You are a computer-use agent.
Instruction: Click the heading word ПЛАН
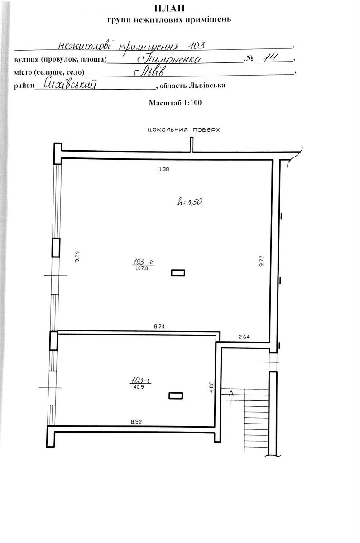click(169, 8)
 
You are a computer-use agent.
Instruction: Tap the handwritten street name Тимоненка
click(169, 59)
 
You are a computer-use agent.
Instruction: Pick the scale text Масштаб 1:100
click(175, 103)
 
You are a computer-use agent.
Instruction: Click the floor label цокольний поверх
click(184, 130)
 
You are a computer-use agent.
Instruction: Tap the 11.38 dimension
click(163, 169)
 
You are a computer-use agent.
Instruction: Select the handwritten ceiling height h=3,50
click(189, 202)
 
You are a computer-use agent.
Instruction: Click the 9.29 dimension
click(77, 257)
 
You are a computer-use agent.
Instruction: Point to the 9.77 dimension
click(261, 261)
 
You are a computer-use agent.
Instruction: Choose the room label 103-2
click(143, 262)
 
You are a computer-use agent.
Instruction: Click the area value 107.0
click(142, 268)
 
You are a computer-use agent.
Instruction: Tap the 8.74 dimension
click(159, 326)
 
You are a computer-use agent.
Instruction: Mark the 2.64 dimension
click(244, 337)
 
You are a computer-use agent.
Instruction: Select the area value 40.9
click(139, 387)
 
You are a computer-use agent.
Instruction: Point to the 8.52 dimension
click(136, 422)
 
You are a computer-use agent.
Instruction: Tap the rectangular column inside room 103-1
click(176, 395)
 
